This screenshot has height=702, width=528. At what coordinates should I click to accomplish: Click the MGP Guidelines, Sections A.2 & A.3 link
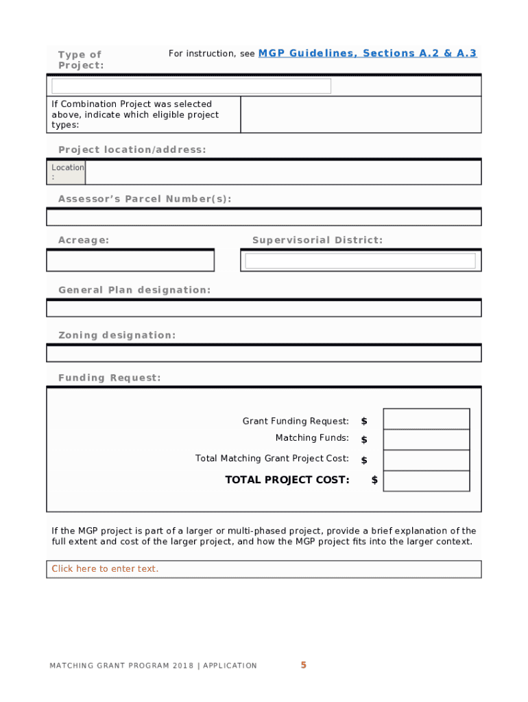pyautogui.click(x=367, y=53)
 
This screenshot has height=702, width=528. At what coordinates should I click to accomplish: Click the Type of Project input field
pyautogui.click(x=191, y=86)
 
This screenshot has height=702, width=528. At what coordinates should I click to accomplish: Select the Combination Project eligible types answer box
pyautogui.click(x=361, y=114)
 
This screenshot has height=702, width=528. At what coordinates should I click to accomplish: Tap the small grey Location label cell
pyautogui.click(x=67, y=172)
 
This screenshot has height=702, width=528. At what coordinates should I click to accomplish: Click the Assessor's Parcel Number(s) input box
pyautogui.click(x=264, y=217)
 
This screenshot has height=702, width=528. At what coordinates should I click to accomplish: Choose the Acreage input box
pyautogui.click(x=130, y=261)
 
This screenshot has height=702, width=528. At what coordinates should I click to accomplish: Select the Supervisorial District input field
pyautogui.click(x=360, y=261)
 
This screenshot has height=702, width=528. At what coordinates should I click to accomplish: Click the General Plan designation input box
pyautogui.click(x=264, y=308)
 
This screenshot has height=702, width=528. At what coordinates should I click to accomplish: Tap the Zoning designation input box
pyautogui.click(x=264, y=353)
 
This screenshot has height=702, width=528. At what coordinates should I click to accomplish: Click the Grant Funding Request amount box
pyautogui.click(x=426, y=419)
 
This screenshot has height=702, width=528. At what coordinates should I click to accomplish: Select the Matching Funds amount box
pyautogui.click(x=426, y=439)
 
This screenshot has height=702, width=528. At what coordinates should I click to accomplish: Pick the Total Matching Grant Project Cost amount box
pyautogui.click(x=426, y=460)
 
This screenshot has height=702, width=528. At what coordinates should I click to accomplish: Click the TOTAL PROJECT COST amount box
pyautogui.click(x=426, y=481)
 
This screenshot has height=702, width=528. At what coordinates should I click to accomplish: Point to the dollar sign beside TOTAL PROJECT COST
pyautogui.click(x=374, y=480)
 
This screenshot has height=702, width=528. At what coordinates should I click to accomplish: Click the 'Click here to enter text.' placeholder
pyautogui.click(x=105, y=569)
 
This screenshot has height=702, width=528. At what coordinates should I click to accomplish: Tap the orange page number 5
pyautogui.click(x=303, y=665)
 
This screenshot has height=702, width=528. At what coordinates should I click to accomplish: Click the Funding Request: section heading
pyautogui.click(x=110, y=378)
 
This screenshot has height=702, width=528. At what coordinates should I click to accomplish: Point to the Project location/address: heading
pyautogui.click(x=132, y=149)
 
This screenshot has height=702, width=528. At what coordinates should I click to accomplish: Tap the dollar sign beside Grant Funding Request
pyautogui.click(x=364, y=421)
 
